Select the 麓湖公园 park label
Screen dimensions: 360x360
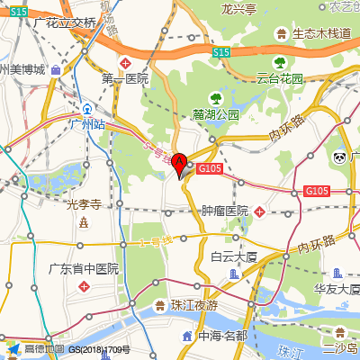tap(216, 115)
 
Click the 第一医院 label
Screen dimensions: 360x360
tap(124, 78)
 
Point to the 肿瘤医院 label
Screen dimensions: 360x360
tap(225, 211)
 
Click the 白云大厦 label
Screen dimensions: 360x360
tap(234, 256)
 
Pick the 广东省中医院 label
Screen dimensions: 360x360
tap(83, 268)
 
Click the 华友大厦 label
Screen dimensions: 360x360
tap(337, 289)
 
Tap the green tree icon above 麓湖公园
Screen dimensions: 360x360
tap(214, 96)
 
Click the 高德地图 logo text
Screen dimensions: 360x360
tap(43, 349)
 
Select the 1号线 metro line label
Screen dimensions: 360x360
tap(155, 242)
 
